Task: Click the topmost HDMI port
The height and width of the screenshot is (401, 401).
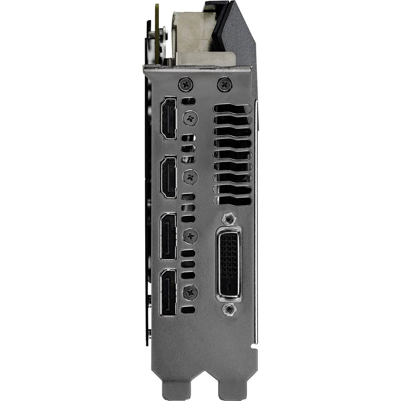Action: (x=168, y=118)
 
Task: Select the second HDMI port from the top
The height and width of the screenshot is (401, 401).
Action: (x=168, y=177)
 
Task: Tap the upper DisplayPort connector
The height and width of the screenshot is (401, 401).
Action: (x=168, y=236)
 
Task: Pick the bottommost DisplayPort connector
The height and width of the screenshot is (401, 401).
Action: (x=168, y=292)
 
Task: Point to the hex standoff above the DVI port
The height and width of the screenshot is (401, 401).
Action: (x=228, y=219)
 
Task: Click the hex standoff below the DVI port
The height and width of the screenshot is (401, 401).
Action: (x=229, y=309)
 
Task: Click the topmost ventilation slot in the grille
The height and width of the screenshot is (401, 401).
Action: (x=233, y=109)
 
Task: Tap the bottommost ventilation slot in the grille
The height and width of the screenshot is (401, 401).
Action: (x=233, y=200)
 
